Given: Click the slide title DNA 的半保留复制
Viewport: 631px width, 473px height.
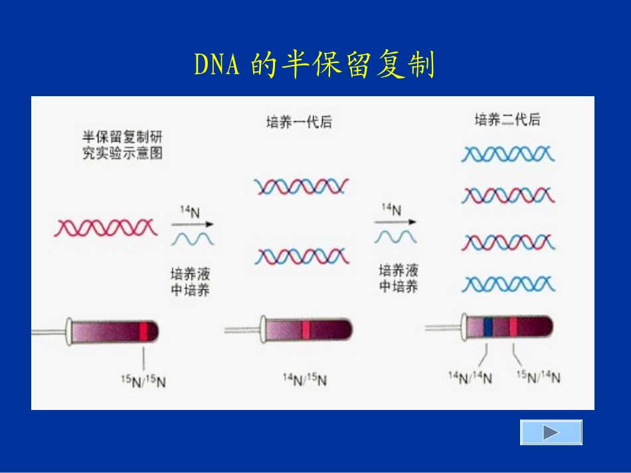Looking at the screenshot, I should click(x=314, y=65).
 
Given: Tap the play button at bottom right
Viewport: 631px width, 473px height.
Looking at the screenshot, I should click(x=551, y=433).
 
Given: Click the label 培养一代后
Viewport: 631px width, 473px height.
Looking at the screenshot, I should click(x=298, y=122).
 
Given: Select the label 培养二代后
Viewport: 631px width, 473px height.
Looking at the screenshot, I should click(x=507, y=120).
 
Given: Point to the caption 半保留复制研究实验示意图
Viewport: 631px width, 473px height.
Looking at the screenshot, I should click(x=122, y=145).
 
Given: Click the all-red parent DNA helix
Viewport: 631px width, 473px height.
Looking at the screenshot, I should click(x=106, y=228).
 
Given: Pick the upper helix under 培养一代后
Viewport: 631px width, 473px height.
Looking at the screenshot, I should click(x=302, y=186).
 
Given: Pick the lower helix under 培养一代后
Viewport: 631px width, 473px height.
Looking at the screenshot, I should click(x=302, y=255).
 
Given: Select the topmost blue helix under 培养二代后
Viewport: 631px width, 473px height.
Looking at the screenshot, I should click(x=508, y=155).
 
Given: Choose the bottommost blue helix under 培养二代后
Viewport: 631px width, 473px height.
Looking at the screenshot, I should click(x=508, y=285).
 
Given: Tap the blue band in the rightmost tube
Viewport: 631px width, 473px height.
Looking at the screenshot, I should click(x=488, y=326).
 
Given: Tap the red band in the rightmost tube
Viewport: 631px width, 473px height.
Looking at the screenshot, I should click(x=513, y=326).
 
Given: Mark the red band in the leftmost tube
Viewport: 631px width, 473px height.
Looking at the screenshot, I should click(x=143, y=330).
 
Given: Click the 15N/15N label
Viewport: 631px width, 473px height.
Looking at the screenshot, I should click(x=143, y=382).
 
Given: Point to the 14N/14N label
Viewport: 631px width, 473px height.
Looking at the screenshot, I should click(x=470, y=378).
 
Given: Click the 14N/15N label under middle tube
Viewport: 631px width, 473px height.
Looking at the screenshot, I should click(x=305, y=379).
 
